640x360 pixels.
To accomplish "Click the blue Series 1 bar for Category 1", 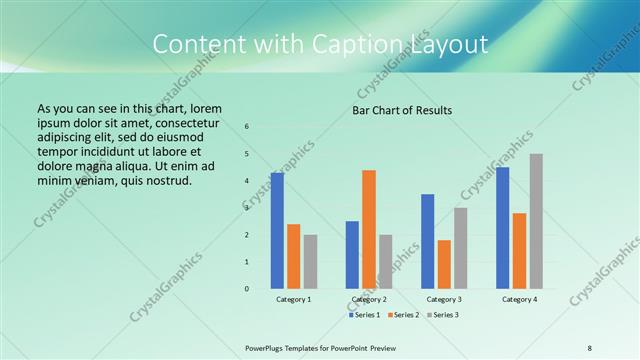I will pyautogui.click(x=277, y=230).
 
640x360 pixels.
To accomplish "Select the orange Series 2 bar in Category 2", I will pyautogui.click(x=369, y=229).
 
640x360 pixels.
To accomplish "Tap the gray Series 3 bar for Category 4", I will pyautogui.click(x=536, y=221).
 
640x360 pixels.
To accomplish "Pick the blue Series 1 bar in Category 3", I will pyautogui.click(x=428, y=241).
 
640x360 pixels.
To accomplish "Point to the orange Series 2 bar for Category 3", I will pyautogui.click(x=444, y=264).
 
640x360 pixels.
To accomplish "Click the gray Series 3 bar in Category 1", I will pyautogui.click(x=310, y=261).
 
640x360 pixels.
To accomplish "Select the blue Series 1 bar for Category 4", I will pyautogui.click(x=503, y=227).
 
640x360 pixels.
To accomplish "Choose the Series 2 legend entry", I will pyautogui.click(x=402, y=315).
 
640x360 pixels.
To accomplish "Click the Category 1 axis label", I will pyautogui.click(x=294, y=299).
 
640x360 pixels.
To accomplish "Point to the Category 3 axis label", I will pyautogui.click(x=444, y=299).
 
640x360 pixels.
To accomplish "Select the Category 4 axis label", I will pyautogui.click(x=519, y=299).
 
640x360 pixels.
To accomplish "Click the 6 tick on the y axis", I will pyautogui.click(x=247, y=126).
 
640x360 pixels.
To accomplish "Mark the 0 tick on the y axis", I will pyautogui.click(x=247, y=289).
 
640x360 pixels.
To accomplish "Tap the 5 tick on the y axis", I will pyautogui.click(x=247, y=153).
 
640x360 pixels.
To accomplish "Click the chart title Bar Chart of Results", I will pyautogui.click(x=403, y=110).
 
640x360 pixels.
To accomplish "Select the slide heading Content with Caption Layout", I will pyautogui.click(x=320, y=44).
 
